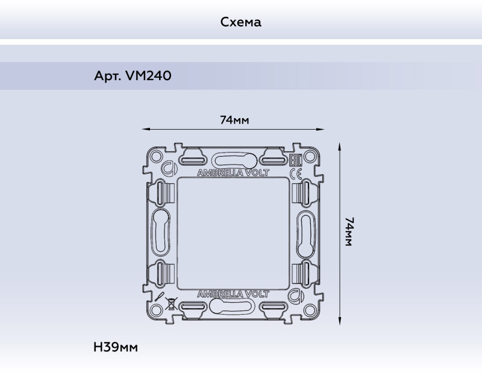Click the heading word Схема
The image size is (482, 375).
click(240, 22)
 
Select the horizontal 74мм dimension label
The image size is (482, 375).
click(234, 120)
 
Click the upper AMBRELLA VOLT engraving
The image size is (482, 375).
click(234, 172)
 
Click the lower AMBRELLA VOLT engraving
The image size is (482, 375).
click(234, 294)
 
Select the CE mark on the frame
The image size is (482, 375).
click(296, 174)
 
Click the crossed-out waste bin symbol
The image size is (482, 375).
click(171, 303)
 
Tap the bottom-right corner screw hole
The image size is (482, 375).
click(311, 310)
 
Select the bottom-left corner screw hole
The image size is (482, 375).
click(157, 310)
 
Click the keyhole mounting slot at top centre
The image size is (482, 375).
click(234, 159)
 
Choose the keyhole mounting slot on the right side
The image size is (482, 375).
click(306, 232)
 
